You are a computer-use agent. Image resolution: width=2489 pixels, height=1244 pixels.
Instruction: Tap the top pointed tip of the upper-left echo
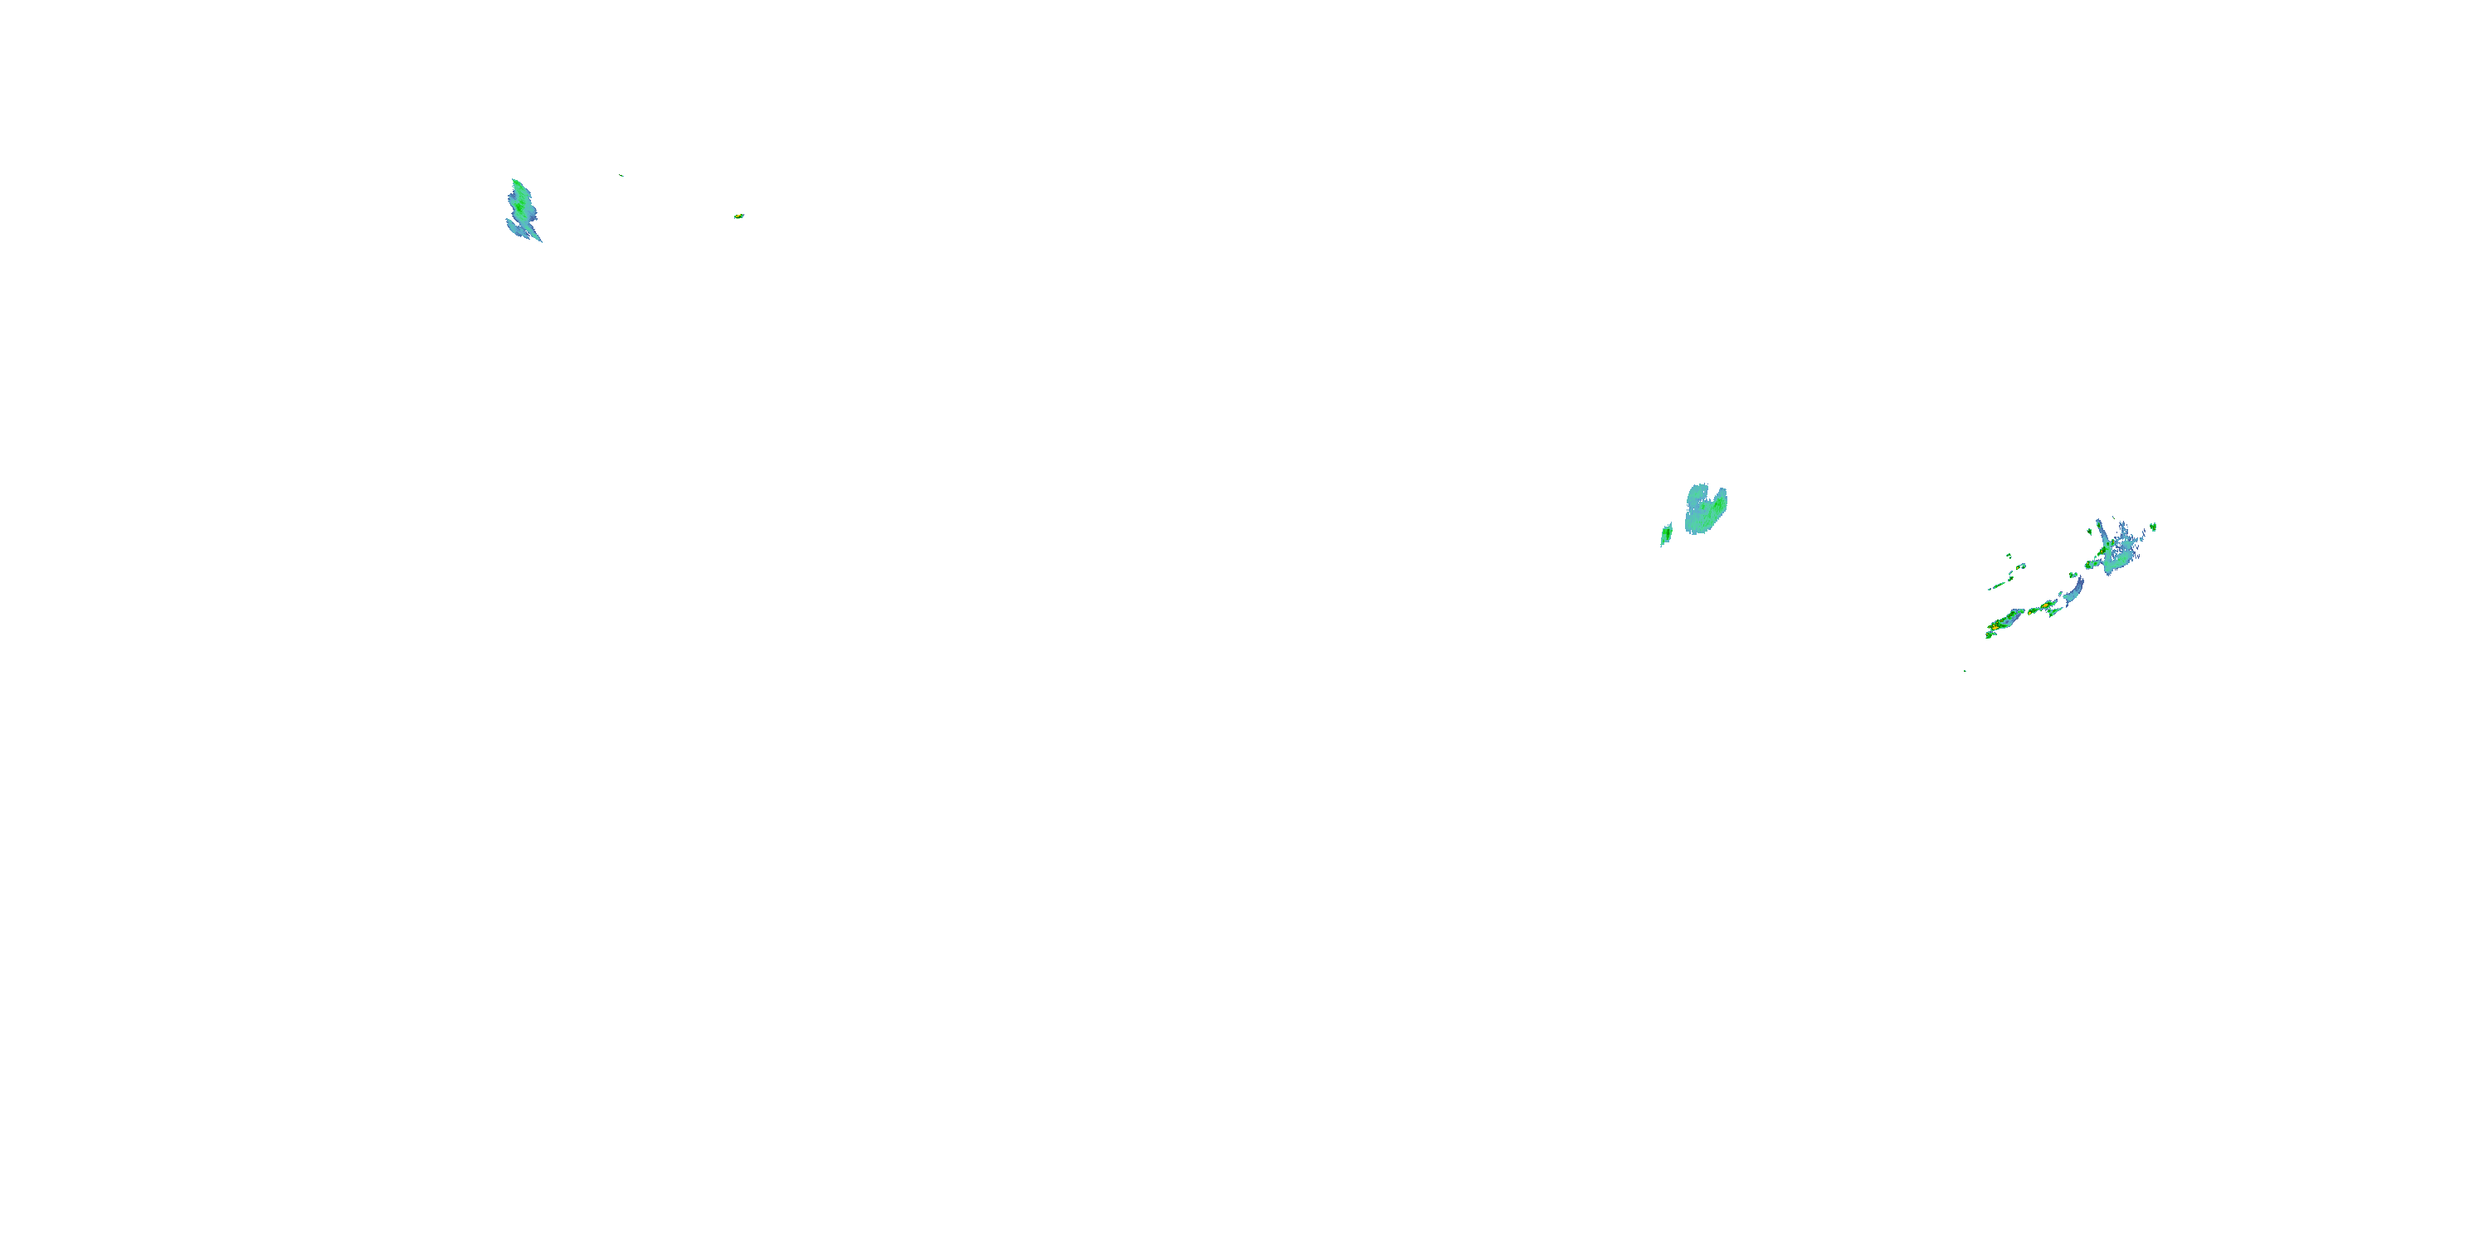point(514,181)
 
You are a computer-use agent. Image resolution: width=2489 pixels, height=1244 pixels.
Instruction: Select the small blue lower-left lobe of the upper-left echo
point(513,227)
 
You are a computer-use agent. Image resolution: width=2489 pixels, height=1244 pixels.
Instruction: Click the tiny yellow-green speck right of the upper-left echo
point(738,216)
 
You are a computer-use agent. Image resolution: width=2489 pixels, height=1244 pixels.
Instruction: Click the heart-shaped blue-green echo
point(1706,510)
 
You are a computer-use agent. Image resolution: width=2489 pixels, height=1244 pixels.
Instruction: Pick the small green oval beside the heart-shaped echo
point(1666,534)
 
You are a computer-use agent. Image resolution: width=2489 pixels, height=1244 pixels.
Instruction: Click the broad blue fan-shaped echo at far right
point(2121,547)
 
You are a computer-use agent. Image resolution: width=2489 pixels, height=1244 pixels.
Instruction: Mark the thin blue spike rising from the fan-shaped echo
point(2099,529)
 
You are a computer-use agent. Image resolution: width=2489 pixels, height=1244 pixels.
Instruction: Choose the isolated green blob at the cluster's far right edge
point(2154,527)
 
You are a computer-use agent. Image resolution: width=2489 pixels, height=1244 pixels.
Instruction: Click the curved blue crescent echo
point(2073,588)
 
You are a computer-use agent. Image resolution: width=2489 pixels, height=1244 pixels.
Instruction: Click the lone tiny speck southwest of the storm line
point(1965,670)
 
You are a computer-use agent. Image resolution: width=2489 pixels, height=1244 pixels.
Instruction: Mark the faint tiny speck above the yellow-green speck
point(621,176)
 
